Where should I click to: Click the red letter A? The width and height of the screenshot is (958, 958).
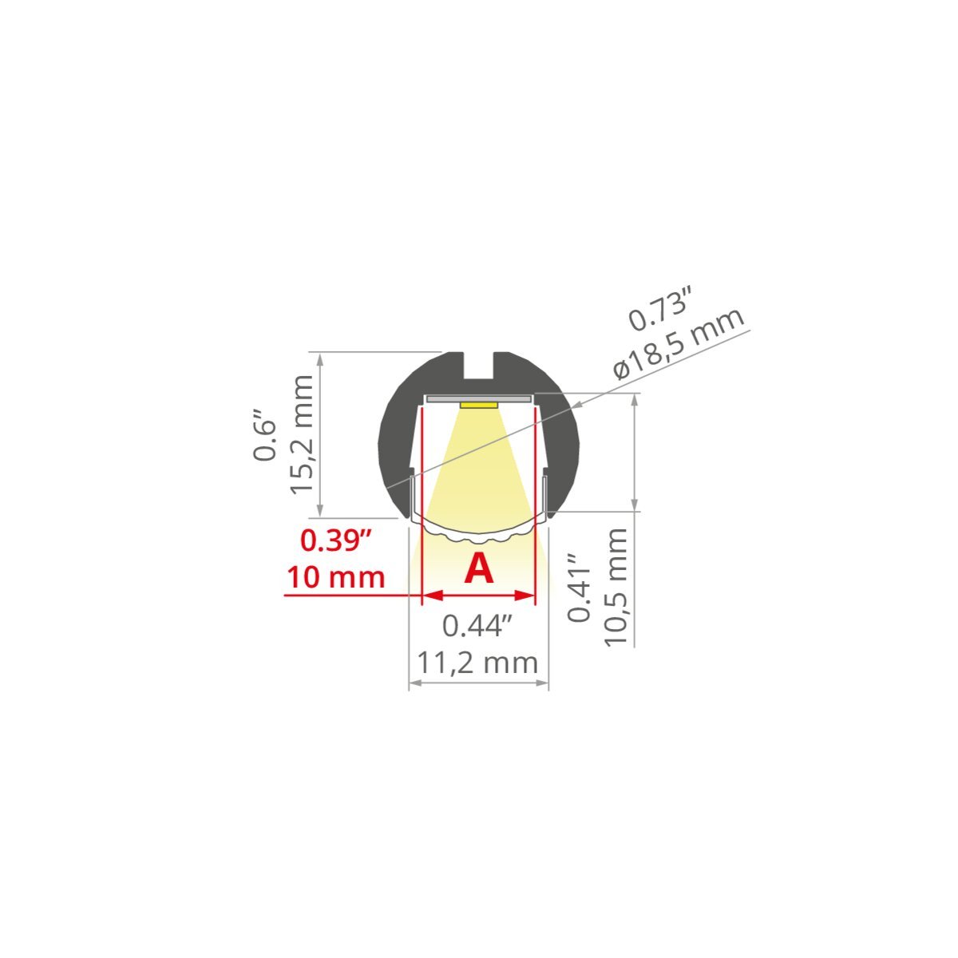point(478,568)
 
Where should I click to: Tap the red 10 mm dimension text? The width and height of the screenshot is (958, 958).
point(336,578)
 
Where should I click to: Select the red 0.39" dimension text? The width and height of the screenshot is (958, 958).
point(336,540)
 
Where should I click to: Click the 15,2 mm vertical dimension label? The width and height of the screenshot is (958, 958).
point(301,435)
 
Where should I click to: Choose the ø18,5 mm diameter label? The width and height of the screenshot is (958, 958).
point(678,343)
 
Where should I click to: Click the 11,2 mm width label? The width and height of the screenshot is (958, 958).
point(477,663)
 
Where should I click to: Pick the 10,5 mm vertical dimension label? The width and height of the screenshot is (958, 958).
point(616,588)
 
